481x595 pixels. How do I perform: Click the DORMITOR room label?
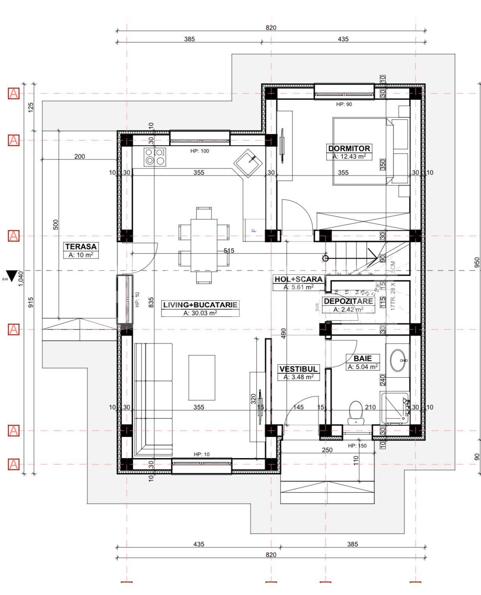(x=349, y=148)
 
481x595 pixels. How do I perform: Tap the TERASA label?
(x=81, y=246)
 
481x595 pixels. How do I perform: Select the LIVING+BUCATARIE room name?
(x=200, y=305)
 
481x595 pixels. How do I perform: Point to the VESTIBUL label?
(x=298, y=369)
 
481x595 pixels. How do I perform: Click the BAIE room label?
(x=362, y=358)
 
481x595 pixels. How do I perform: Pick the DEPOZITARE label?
(x=348, y=301)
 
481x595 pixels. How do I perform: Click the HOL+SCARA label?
(x=299, y=279)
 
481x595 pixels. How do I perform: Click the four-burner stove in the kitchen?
(x=154, y=156)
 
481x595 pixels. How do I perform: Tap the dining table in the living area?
(x=204, y=245)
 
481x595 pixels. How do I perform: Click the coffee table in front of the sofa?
(x=202, y=377)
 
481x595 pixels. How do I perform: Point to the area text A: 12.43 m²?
(x=349, y=156)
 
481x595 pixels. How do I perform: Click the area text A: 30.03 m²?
(x=200, y=313)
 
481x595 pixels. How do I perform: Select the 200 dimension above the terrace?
(x=79, y=156)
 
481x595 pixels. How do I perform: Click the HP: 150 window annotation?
(x=357, y=445)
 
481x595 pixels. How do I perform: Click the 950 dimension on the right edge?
(x=477, y=262)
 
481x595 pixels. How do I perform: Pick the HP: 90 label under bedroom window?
(x=344, y=104)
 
